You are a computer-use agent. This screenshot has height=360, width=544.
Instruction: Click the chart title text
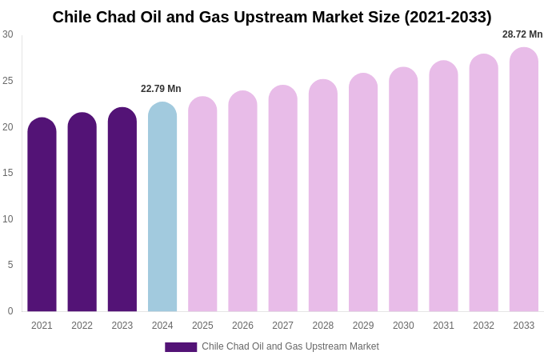pyautogui.click(x=272, y=17)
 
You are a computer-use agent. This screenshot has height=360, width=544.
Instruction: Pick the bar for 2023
pyautogui.click(x=122, y=210)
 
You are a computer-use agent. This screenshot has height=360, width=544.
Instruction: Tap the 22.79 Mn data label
pyautogui.click(x=161, y=89)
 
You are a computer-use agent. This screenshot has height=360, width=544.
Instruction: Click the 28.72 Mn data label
pyautogui.click(x=522, y=34)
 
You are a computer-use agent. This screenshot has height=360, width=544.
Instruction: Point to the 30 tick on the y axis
pyautogui.click(x=8, y=34)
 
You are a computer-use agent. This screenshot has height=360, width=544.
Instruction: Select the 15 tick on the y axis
pyautogui.click(x=8, y=173)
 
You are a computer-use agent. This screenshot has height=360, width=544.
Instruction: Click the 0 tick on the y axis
pyautogui.click(x=10, y=311)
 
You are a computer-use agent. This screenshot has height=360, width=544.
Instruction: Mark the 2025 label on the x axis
pyautogui.click(x=202, y=326)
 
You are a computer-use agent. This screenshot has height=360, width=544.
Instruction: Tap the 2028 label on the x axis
pyautogui.click(x=323, y=326)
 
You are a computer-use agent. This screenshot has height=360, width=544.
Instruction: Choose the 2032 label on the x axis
pyautogui.click(x=483, y=326)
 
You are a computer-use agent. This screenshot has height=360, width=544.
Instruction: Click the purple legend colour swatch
pyautogui.click(x=181, y=347)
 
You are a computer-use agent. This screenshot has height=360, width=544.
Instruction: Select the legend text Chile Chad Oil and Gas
pyautogui.click(x=290, y=346)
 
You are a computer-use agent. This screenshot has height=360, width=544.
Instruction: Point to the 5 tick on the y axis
pyautogui.click(x=10, y=265)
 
